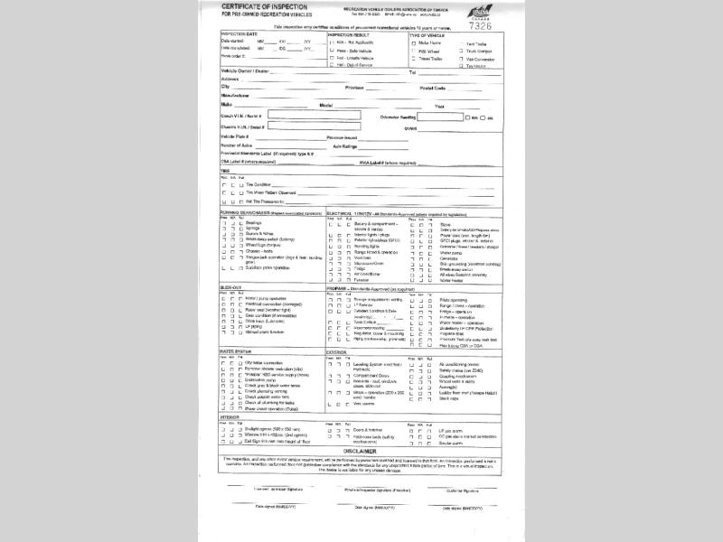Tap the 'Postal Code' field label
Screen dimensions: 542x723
coord(433,88)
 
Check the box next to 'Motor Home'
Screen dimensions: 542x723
coord(412,43)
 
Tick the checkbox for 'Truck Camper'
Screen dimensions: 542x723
coord(461,51)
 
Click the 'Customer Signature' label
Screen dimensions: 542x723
coord(462,491)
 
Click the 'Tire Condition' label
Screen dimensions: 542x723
coord(262,184)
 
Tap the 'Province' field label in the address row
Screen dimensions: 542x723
coord(354,88)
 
